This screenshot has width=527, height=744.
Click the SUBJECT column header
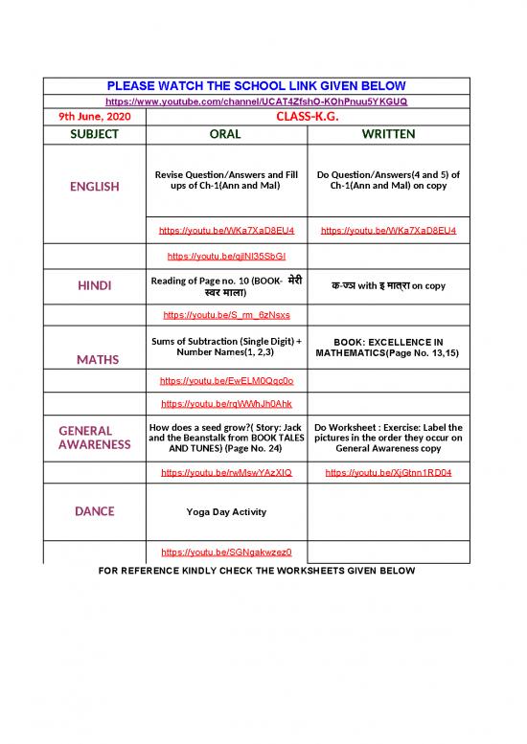(x=94, y=134)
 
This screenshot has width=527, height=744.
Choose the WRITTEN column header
(x=388, y=134)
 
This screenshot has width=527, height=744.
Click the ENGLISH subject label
(x=94, y=187)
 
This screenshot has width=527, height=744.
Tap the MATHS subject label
(x=94, y=359)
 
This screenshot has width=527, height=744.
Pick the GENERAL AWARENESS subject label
(x=94, y=438)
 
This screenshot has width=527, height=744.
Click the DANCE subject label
(x=94, y=511)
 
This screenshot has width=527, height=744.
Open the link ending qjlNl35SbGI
(x=226, y=257)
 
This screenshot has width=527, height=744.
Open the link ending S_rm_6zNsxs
(x=226, y=314)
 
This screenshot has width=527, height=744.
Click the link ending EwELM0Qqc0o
(x=226, y=381)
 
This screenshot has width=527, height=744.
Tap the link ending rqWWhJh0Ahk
(x=226, y=403)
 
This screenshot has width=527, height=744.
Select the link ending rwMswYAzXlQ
(x=226, y=473)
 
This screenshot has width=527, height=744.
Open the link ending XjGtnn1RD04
(x=388, y=473)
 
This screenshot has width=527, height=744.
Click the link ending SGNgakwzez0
(x=226, y=552)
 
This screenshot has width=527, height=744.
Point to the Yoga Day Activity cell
(x=226, y=511)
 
